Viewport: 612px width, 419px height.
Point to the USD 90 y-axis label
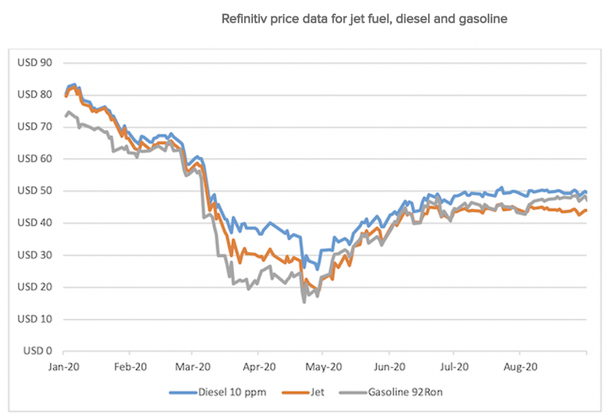tap(35, 63)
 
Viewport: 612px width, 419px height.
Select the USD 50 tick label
tap(35, 191)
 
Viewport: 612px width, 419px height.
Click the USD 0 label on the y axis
tap(37, 351)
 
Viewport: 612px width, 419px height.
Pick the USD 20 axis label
tap(35, 287)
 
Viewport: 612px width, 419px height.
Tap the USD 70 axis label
tap(35, 127)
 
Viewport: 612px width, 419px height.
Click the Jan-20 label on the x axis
tap(64, 367)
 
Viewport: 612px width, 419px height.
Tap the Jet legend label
tap(318, 393)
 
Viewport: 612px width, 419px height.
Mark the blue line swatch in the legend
tap(183, 393)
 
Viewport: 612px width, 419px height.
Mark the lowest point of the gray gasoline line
tap(304, 302)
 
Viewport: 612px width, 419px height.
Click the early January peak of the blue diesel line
tap(75, 84)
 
